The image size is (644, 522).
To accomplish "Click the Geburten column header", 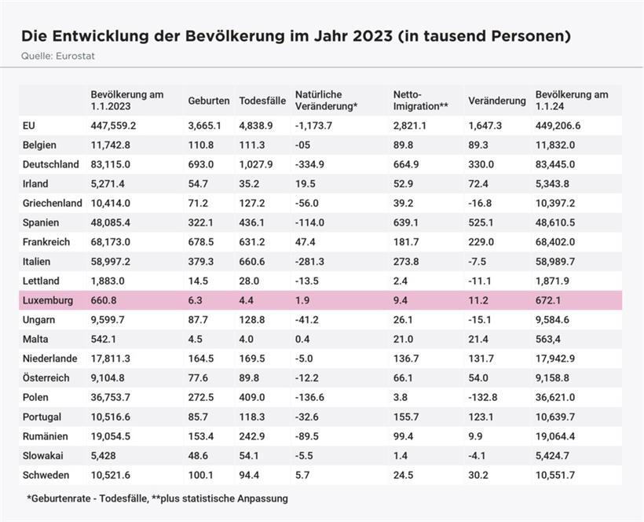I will [208, 101].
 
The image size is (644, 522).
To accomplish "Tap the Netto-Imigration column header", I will [420, 100].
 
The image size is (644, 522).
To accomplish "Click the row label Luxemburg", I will [48, 300].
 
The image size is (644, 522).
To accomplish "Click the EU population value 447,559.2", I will [113, 125].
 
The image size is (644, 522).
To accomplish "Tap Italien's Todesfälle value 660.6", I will [255, 261].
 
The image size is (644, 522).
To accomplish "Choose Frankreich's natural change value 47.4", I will [307, 242].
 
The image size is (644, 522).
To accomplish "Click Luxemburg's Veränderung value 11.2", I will [478, 300].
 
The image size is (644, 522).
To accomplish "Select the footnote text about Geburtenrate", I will [157, 498].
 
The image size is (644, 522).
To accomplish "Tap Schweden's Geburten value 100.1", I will [201, 475].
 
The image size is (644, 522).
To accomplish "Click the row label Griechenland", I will [53, 203].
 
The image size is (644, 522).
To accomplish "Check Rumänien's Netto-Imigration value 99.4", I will [404, 436].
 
